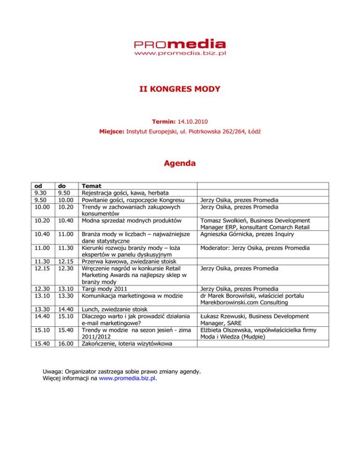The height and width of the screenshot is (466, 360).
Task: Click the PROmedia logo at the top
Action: point(180,44)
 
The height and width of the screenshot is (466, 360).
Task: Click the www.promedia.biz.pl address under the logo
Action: point(180,54)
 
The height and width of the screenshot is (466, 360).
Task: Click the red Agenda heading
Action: point(180,165)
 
